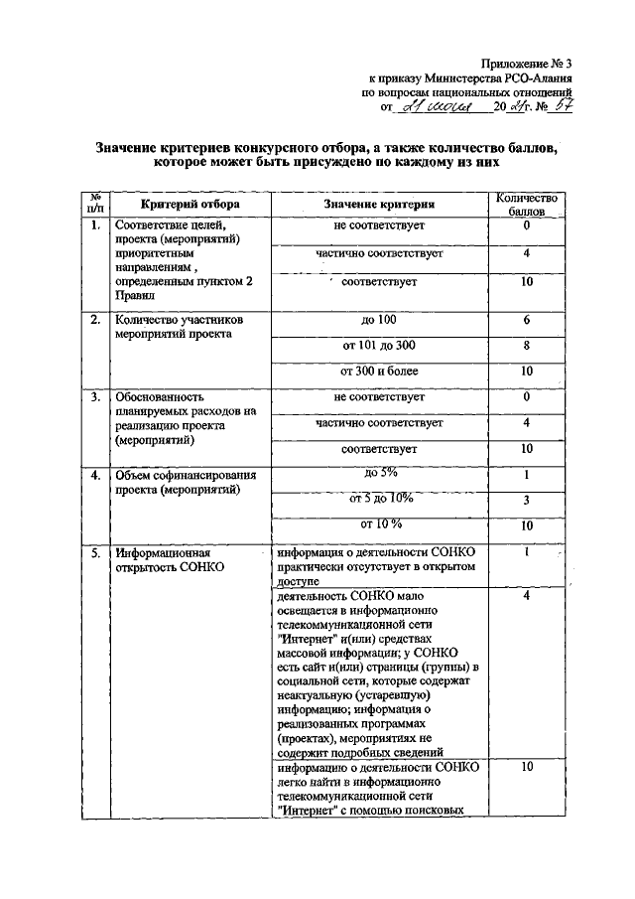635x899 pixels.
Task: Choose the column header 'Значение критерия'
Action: pos(379,204)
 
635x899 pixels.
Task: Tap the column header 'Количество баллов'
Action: pos(527,204)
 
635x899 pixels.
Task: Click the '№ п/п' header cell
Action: pos(95,204)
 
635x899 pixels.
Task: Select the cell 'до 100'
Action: pos(379,320)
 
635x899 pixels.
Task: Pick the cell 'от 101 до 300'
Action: pos(379,346)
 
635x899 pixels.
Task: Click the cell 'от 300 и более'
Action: pos(379,372)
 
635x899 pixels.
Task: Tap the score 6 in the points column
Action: pos(527,320)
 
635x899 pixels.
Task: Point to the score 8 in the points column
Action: pos(527,346)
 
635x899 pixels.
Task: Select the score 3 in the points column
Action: pos(527,500)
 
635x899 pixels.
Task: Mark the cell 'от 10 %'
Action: pos(379,524)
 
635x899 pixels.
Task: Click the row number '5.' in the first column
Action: pos(95,552)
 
